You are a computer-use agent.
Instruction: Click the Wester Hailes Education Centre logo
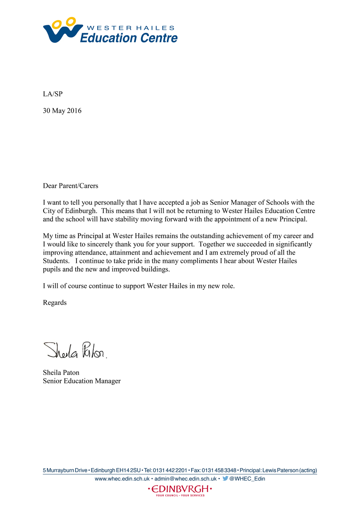pyautogui.click(x=110, y=30)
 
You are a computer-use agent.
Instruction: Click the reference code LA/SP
pyautogui.click(x=53, y=94)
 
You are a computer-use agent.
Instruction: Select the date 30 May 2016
pyautogui.click(x=62, y=111)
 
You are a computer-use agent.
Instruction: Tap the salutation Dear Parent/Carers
pyautogui.click(x=70, y=186)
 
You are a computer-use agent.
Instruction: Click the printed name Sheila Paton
pyautogui.click(x=61, y=373)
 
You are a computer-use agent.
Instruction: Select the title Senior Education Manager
pyautogui.click(x=82, y=381)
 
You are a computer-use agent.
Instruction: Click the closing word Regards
pyautogui.click(x=55, y=303)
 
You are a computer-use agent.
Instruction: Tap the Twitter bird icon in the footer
pyautogui.click(x=226, y=478)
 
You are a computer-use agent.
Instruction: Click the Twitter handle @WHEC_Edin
pyautogui.click(x=247, y=479)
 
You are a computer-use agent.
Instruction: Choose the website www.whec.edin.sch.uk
pyautogui.click(x=122, y=479)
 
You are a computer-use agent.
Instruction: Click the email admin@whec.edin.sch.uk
pyautogui.click(x=186, y=479)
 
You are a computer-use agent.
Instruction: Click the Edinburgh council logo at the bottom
pyautogui.click(x=180, y=490)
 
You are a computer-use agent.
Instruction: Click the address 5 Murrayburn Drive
pyautogui.click(x=65, y=471)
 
